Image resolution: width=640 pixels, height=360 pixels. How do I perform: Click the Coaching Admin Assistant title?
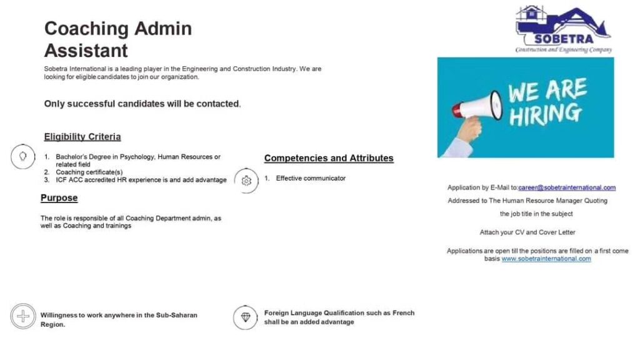click(x=117, y=39)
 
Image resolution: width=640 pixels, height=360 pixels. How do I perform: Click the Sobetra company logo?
click(x=562, y=29)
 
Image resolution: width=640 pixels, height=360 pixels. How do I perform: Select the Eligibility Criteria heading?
click(x=82, y=137)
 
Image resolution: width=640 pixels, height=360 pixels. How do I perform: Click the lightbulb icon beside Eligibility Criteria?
click(x=23, y=156)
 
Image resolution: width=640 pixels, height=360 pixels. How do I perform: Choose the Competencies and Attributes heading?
click(x=329, y=158)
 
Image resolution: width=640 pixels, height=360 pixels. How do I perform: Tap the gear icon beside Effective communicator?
click(x=246, y=181)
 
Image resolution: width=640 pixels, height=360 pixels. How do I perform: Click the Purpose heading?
click(x=59, y=198)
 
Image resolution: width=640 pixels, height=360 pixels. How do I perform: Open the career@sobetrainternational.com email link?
click(x=567, y=187)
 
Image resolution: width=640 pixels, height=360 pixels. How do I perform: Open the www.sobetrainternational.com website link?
click(x=546, y=259)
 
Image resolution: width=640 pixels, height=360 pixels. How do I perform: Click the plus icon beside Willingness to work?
click(x=23, y=316)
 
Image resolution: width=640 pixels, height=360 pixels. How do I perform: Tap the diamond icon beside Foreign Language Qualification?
click(x=246, y=317)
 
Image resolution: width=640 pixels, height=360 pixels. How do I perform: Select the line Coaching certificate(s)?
click(x=89, y=172)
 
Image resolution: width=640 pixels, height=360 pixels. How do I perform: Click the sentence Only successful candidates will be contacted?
click(x=142, y=104)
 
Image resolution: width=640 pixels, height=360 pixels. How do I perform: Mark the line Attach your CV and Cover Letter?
click(x=527, y=232)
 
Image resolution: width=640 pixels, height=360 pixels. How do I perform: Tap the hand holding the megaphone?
click(x=468, y=129)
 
